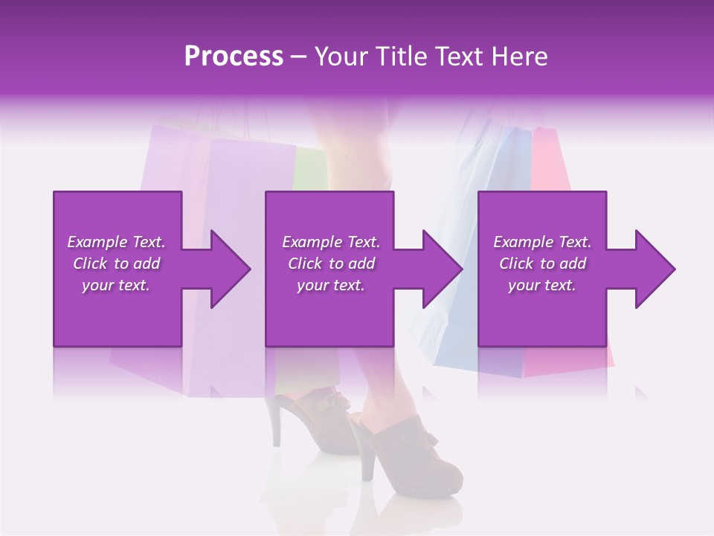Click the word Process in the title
(x=234, y=57)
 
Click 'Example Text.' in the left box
(x=116, y=242)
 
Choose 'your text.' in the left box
(x=116, y=285)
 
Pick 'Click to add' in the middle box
(x=331, y=264)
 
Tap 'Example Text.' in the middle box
(x=331, y=242)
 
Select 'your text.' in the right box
(x=542, y=285)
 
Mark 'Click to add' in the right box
(x=542, y=264)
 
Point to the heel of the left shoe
(x=277, y=428)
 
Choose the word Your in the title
(x=340, y=57)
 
